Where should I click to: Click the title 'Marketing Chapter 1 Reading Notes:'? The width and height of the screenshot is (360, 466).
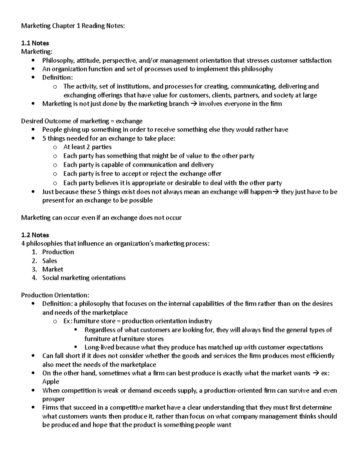click(72, 26)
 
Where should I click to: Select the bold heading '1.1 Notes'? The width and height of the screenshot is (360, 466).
click(35, 43)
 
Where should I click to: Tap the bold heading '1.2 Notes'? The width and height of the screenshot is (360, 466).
click(35, 235)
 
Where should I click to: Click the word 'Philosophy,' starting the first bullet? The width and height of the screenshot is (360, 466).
click(56, 61)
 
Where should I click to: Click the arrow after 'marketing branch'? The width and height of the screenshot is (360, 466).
click(194, 104)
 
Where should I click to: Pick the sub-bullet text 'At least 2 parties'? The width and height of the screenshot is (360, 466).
click(87, 147)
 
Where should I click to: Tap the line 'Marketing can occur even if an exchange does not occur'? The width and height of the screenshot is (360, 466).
click(101, 218)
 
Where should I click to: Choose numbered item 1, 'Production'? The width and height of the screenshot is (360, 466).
click(58, 252)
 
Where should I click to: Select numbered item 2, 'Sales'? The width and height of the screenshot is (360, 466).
click(49, 261)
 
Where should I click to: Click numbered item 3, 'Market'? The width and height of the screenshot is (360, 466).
click(52, 269)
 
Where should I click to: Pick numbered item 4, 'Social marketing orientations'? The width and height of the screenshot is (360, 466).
click(84, 278)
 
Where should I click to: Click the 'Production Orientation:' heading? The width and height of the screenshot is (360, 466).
click(55, 295)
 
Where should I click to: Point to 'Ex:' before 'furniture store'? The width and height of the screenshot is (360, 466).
click(67, 321)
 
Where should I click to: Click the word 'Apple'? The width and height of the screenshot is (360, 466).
click(51, 382)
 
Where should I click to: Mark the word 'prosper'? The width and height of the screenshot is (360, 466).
click(53, 399)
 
